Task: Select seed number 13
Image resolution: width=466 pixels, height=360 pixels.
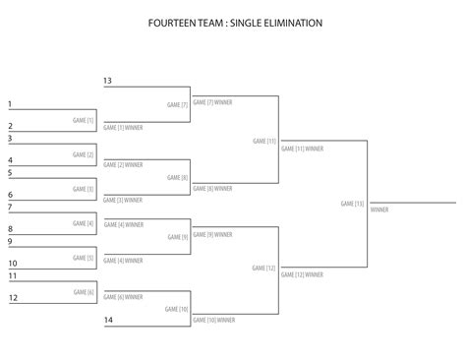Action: pos(107,80)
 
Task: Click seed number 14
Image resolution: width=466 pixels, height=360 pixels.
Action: pos(108,321)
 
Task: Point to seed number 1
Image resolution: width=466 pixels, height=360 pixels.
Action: pos(10,104)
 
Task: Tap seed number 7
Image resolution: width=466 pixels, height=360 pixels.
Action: pos(10,208)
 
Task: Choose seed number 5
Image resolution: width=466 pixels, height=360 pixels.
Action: pos(10,173)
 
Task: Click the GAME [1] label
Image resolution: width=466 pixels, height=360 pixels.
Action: pos(84,120)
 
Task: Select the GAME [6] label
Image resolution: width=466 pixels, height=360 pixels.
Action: pos(84,292)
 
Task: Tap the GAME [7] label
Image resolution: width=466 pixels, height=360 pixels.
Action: pos(177,103)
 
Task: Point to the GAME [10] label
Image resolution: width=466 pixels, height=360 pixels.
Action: pos(176,309)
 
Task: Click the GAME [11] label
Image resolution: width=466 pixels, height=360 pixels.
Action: pos(264,142)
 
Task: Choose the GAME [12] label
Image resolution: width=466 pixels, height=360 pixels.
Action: pos(264,268)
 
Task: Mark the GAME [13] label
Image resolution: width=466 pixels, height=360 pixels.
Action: pos(352,204)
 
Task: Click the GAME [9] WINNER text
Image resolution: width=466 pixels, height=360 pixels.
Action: pos(212,234)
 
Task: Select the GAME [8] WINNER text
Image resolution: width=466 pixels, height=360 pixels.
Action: pos(212,188)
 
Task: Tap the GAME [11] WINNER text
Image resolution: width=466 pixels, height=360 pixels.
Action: pos(302,149)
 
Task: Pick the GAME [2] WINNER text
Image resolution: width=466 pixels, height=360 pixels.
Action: pos(123,164)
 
